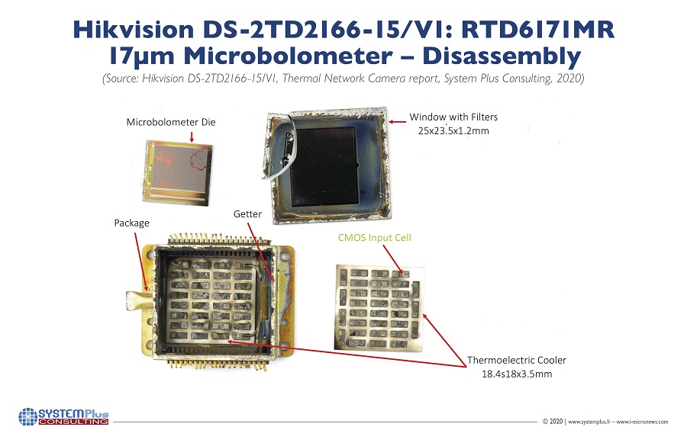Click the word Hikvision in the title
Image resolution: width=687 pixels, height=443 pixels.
click(x=133, y=30)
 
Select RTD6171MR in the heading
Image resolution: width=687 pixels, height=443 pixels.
click(x=538, y=30)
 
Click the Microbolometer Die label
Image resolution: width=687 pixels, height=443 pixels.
click(x=171, y=122)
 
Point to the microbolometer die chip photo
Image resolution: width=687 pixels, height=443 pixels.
click(x=179, y=172)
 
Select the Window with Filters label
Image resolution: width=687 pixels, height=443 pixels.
click(x=453, y=117)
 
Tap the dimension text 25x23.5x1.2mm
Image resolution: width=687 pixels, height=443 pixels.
click(x=453, y=131)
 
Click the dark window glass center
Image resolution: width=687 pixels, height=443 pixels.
click(x=325, y=166)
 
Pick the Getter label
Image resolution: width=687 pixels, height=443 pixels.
click(x=247, y=214)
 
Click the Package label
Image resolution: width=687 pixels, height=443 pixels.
click(x=131, y=223)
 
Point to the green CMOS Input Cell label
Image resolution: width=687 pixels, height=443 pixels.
click(x=375, y=238)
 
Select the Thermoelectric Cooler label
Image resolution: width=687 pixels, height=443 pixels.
click(x=517, y=360)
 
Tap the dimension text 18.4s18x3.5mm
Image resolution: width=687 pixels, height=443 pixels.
click(x=517, y=374)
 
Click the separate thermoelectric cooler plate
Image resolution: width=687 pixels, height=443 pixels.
click(x=379, y=308)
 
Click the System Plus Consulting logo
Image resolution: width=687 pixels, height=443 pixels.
click(x=63, y=416)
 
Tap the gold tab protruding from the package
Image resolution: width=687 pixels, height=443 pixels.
click(x=139, y=300)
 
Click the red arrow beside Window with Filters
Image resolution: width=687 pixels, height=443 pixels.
click(x=398, y=122)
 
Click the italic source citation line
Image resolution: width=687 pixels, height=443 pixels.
click(x=343, y=79)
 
